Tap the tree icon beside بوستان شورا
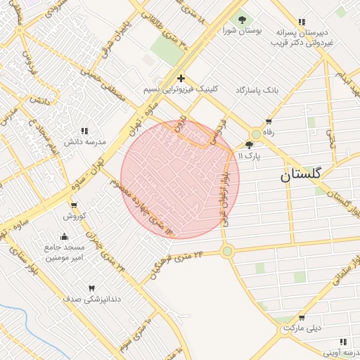coord(243,20)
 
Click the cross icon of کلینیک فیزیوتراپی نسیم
coord(181,78)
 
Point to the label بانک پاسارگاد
coord(257,91)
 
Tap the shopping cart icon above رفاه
coord(269,120)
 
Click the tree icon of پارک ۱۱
coord(249,144)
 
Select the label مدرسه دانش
coord(84,141)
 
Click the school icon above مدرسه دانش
coord(84,131)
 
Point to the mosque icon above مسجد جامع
coord(65,236)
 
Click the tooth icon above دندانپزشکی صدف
coord(91,288)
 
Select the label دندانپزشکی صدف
coord(92,300)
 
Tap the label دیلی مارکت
coord(302,328)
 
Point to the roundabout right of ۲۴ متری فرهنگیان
coord(226,251)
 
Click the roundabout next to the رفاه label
coord(256,134)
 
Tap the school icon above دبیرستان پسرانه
coord(302,22)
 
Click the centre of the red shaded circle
coord(180,179)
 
